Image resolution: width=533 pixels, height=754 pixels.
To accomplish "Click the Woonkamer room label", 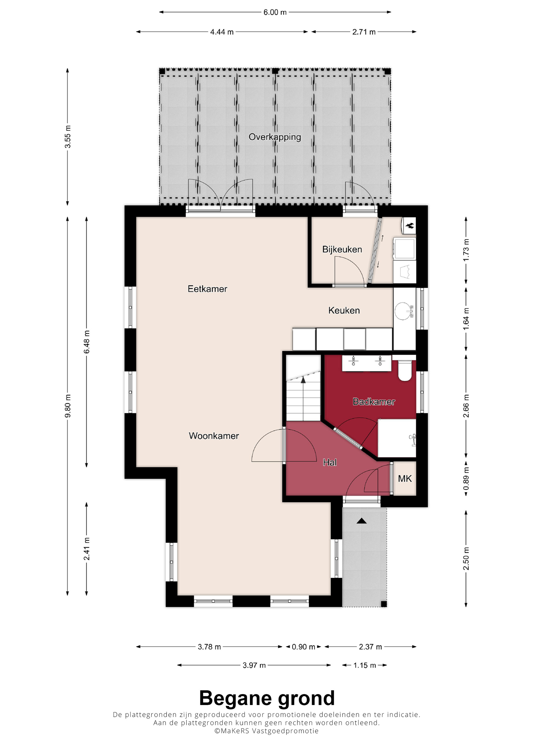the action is click(x=214, y=436).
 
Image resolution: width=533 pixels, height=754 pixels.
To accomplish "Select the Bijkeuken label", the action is click(x=342, y=250).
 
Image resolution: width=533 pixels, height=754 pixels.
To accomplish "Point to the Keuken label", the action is click(x=344, y=310).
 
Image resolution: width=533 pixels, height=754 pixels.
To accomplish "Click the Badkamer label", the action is click(x=374, y=402).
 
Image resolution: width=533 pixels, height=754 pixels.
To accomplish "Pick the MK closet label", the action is click(x=405, y=479).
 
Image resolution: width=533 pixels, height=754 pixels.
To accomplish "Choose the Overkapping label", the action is click(x=274, y=137).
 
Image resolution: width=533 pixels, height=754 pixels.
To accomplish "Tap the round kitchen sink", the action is click(x=403, y=311).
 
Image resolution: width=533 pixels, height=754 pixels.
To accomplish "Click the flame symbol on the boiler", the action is click(x=410, y=226).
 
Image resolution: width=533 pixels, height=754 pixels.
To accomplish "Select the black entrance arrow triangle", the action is click(x=362, y=521).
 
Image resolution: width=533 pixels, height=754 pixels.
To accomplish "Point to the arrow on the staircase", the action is click(x=303, y=380).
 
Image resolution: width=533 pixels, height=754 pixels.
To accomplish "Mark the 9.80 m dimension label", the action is click(x=68, y=406).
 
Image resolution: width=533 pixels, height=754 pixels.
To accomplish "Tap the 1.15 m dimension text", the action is click(x=365, y=665).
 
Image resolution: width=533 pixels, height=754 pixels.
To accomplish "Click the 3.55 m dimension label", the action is click(x=68, y=137).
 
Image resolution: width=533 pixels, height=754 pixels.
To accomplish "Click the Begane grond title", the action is click(x=267, y=698).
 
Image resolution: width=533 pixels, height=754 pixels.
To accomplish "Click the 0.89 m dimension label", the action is click(x=466, y=479).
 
